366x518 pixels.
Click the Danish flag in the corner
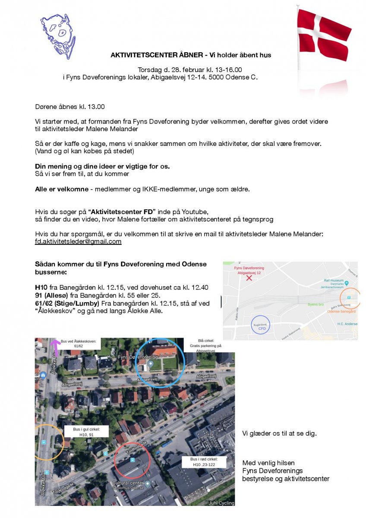[x=324, y=35]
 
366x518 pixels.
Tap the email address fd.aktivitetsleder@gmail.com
[x=78, y=242]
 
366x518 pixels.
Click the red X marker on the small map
[x=249, y=278]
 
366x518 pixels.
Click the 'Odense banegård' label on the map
[x=341, y=311]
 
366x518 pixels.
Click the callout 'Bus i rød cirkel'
[x=205, y=461]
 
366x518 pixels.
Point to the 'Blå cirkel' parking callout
[x=205, y=348]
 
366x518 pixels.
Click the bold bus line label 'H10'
[x=41, y=287]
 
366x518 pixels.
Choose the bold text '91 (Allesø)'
[x=54, y=295]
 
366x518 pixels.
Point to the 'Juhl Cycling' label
[x=221, y=503]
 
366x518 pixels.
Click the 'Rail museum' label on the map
[x=333, y=280]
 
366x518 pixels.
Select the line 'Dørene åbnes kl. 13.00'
[x=69, y=107]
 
